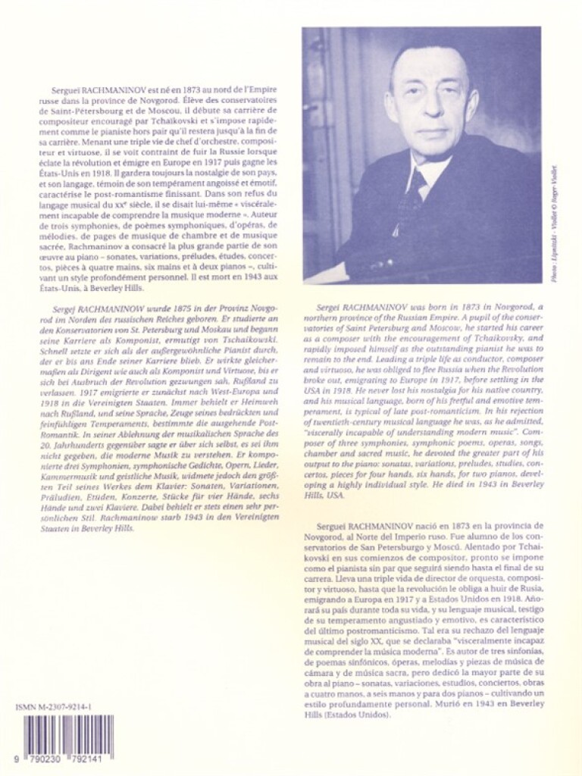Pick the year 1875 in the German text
coord(161,302)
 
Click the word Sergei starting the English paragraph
coord(327,302)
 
